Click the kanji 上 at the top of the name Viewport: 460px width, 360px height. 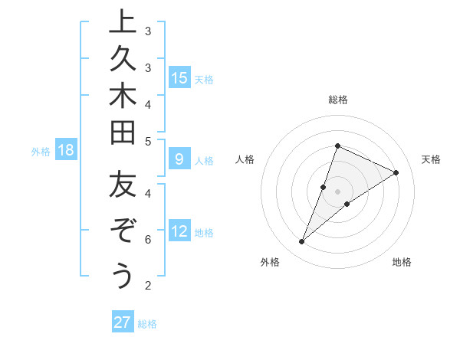coord(122,22)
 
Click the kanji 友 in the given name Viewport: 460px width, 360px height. coord(122,186)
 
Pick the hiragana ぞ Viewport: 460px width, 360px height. coord(122,231)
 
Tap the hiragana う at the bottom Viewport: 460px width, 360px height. coord(122,274)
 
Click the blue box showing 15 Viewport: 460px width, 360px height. coord(179,77)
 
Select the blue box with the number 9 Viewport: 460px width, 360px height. coord(179,159)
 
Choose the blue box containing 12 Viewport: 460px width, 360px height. coord(179,231)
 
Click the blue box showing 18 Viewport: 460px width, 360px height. coord(66,150)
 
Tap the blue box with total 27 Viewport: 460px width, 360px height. coord(123,322)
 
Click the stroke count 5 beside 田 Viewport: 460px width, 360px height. coord(148,141)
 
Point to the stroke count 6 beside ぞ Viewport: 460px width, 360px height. coord(148,240)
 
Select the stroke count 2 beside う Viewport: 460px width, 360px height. coord(148,286)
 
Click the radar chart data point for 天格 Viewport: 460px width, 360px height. coord(396,172)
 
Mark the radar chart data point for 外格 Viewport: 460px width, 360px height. coord(301,242)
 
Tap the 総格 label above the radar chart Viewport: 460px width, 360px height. coord(337,100)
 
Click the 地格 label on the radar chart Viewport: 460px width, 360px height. coord(402,262)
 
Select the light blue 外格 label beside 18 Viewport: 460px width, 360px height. coord(41,152)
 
